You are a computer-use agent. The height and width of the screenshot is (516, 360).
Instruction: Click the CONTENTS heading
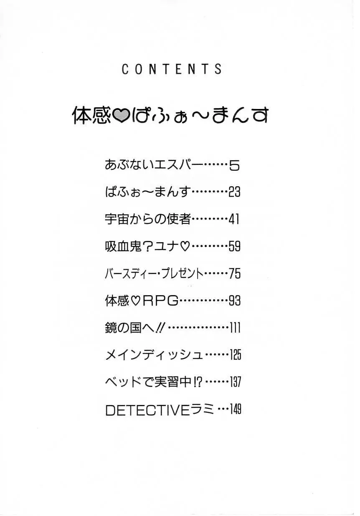(172, 69)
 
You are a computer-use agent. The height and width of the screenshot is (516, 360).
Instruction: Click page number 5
(235, 166)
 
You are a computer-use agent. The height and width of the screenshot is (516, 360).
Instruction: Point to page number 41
(234, 219)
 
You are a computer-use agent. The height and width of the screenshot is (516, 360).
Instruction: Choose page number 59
(235, 246)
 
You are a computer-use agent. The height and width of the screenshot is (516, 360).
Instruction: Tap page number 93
(235, 301)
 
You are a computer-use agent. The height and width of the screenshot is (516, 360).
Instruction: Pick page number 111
(236, 328)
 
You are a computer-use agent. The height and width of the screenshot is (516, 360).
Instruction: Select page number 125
(236, 355)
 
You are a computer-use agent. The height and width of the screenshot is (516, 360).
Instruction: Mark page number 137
(236, 382)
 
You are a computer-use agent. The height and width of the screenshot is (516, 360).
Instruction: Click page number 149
(236, 410)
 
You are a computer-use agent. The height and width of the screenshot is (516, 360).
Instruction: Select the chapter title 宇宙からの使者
(148, 219)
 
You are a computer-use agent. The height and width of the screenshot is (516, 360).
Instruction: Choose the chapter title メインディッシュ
(155, 356)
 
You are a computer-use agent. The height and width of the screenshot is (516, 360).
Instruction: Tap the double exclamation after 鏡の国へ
(160, 328)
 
